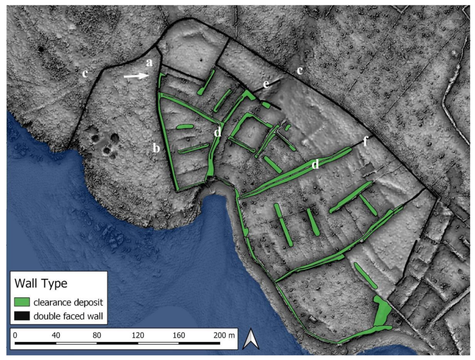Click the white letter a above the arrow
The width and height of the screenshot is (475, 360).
tap(149, 62)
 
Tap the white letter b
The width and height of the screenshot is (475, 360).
tap(156, 148)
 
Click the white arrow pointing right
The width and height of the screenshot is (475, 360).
tap(137, 77)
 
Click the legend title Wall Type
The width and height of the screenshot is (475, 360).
tap(41, 284)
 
